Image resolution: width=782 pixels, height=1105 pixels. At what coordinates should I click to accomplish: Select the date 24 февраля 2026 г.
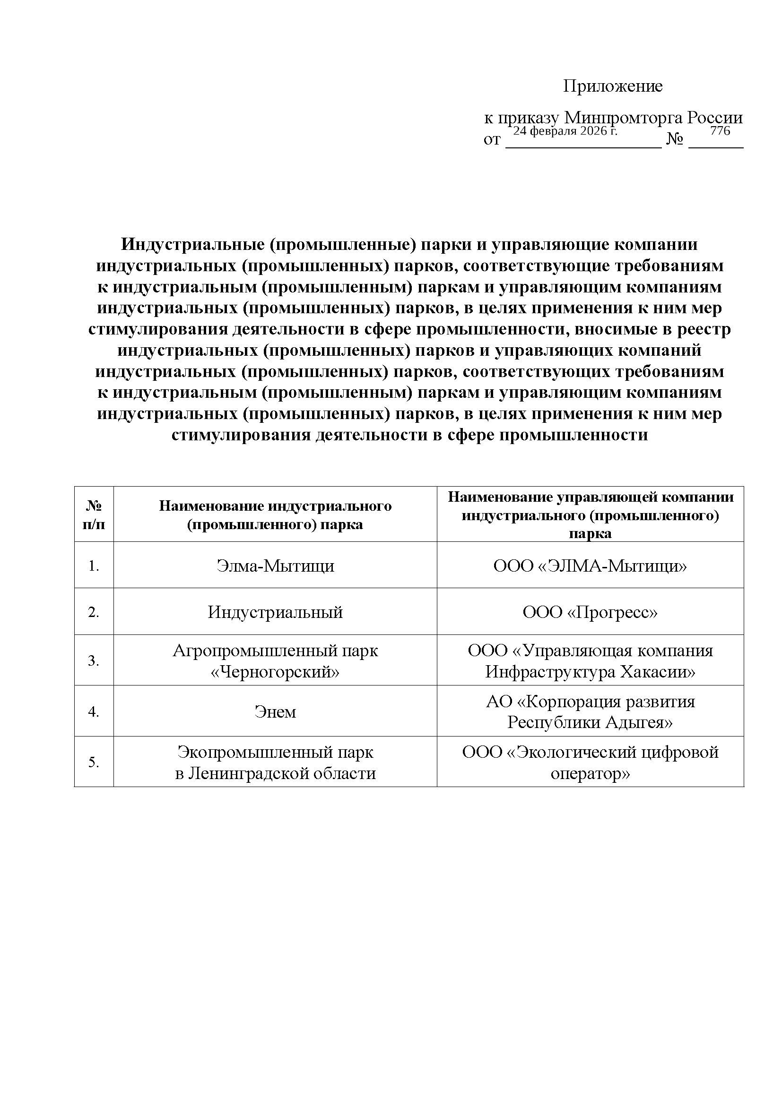[565, 131]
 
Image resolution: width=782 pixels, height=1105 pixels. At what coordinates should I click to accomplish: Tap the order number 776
[720, 131]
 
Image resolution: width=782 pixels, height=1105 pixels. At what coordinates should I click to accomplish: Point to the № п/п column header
[94, 514]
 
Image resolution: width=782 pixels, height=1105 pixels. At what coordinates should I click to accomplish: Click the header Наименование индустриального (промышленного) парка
[275, 514]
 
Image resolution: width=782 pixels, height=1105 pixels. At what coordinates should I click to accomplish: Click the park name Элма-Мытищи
[275, 566]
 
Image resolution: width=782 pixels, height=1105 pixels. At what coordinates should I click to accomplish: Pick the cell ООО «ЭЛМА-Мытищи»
[590, 566]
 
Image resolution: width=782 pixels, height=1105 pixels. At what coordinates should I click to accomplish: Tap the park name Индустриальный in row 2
[275, 612]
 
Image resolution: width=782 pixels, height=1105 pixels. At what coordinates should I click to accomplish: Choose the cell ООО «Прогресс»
[590, 612]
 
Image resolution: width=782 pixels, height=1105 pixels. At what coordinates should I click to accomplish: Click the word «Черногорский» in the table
[275, 671]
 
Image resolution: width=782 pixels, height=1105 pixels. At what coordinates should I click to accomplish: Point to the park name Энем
[275, 712]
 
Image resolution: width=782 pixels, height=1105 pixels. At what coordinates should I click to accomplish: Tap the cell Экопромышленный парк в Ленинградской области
[275, 762]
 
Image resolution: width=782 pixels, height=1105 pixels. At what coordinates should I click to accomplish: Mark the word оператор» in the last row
[590, 773]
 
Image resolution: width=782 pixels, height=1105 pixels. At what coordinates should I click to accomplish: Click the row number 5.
[94, 763]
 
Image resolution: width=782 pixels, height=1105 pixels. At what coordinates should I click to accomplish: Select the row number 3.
[94, 661]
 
